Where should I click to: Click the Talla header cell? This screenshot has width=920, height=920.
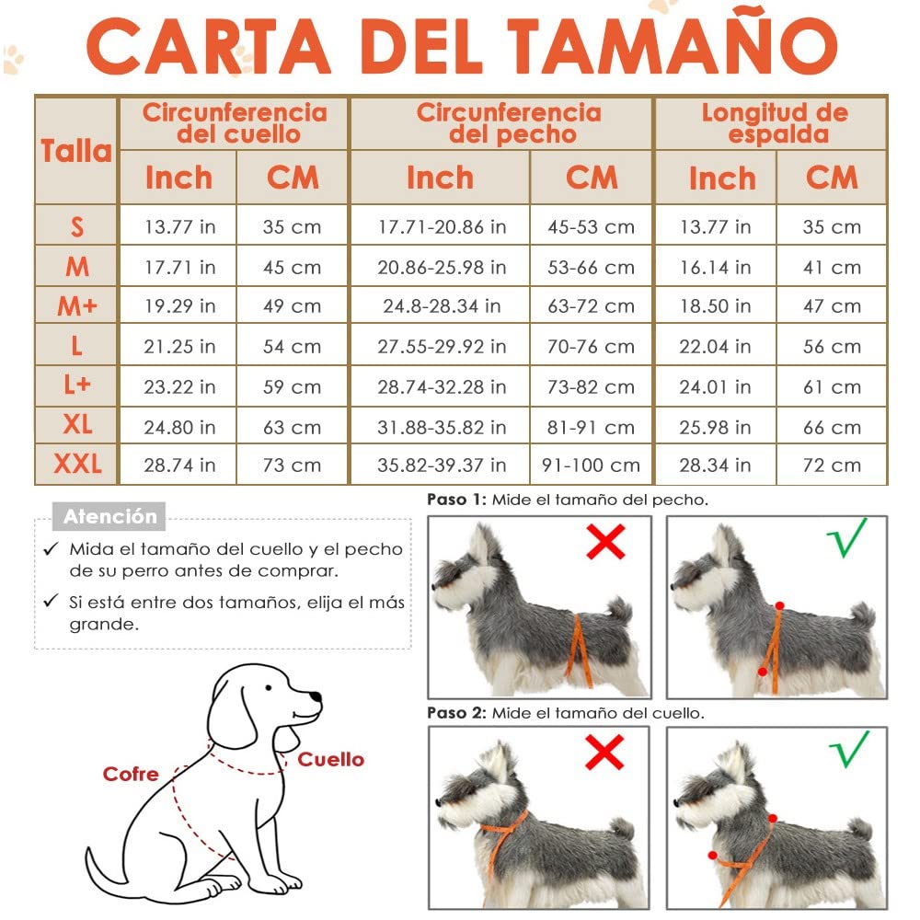76,151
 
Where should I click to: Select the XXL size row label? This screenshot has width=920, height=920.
77,464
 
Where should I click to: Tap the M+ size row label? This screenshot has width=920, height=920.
77,305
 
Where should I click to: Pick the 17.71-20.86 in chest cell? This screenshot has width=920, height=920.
442,226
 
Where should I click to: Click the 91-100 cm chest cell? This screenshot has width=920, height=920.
592,466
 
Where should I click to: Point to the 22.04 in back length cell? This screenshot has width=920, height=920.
715,347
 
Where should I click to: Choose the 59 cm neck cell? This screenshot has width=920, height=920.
292,387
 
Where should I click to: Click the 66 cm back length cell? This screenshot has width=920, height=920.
832,427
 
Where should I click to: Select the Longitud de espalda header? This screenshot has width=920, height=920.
775,123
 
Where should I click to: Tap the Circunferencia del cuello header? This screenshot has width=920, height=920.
235,123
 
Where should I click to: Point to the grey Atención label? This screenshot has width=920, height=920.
109,516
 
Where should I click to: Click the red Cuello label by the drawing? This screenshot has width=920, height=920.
331,759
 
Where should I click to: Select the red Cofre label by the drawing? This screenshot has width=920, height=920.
131,774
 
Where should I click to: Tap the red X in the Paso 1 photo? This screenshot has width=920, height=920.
605,542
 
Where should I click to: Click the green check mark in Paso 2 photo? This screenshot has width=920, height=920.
848,749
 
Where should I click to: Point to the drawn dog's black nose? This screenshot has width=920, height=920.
316,696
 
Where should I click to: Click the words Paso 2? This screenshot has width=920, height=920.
456,713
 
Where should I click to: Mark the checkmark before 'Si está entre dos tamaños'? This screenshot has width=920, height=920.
51,600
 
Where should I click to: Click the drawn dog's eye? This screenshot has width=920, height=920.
268,687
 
